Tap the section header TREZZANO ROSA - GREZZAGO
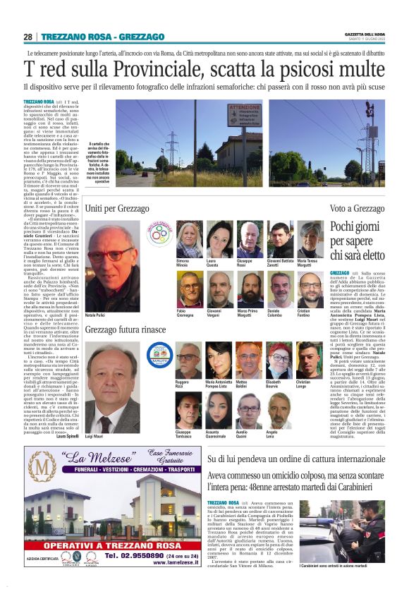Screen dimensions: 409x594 102,37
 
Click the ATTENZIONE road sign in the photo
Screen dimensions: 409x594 245,116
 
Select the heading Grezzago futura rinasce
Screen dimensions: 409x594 126,330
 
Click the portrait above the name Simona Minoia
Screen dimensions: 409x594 189,239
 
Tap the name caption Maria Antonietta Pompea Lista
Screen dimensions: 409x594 219,384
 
